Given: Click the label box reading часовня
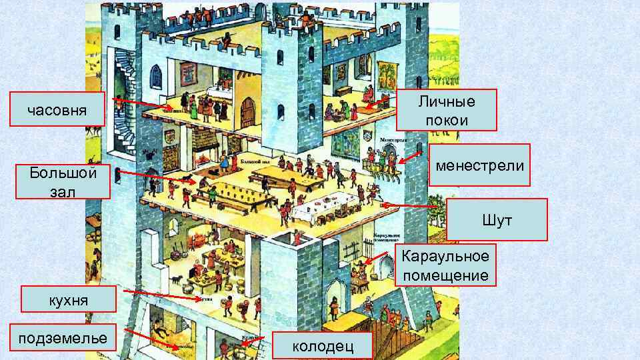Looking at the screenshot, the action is tap(57, 109).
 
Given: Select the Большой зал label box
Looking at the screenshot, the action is tap(63, 181).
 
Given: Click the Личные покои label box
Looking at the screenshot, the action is tap(447, 110).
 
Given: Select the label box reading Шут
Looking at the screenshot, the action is tap(497, 219).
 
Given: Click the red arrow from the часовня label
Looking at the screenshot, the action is tap(140, 103).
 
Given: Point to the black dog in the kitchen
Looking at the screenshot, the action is tap(177, 280).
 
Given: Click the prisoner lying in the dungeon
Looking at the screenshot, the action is tap(160, 330).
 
